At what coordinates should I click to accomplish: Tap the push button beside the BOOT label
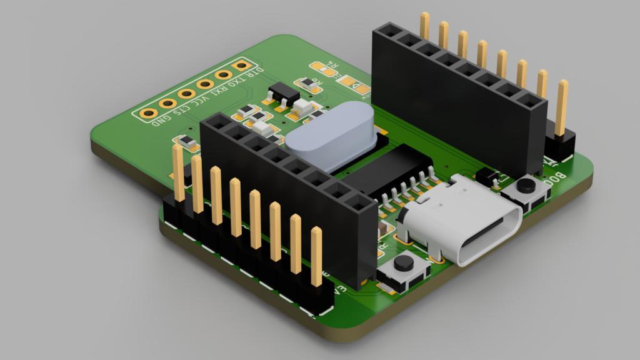coord(526,186)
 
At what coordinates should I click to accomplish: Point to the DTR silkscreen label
coord(256,74)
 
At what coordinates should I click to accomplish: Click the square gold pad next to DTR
coord(240,65)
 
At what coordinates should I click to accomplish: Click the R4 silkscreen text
coord(334,64)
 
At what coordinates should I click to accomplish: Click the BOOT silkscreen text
coord(556,177)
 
